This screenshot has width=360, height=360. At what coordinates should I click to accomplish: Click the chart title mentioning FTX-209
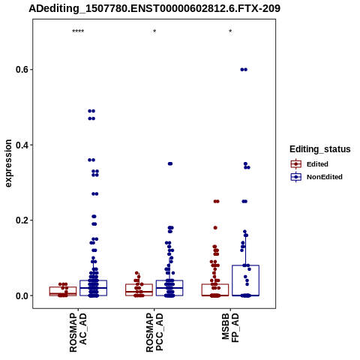(154, 9)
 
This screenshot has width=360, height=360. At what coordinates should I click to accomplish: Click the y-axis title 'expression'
(8, 163)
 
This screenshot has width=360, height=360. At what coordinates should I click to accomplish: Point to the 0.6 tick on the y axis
(22, 70)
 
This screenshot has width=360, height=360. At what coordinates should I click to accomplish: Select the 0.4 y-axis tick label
(22, 145)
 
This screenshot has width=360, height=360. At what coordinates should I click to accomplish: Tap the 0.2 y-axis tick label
(22, 220)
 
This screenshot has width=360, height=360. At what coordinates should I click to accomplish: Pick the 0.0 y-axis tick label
(22, 295)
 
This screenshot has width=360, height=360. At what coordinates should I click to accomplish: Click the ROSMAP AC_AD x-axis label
(78, 332)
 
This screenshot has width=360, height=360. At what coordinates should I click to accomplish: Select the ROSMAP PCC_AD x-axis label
(154, 332)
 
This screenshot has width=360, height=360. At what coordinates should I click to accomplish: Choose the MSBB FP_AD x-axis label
(230, 328)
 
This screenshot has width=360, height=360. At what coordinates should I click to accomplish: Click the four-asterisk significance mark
(78, 31)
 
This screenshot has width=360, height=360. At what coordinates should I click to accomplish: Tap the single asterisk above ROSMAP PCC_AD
(154, 31)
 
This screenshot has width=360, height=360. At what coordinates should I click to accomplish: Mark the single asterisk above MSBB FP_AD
(230, 31)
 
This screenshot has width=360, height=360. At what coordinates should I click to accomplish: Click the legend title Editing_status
(320, 149)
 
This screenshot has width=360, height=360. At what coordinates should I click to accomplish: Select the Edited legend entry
(309, 164)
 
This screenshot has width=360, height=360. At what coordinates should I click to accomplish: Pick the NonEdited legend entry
(316, 177)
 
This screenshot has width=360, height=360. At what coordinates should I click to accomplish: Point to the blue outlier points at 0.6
(244, 70)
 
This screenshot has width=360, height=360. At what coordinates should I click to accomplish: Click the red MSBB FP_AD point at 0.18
(215, 228)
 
